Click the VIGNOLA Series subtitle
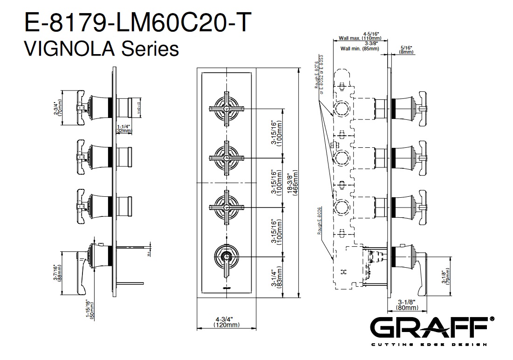click(x=101, y=48)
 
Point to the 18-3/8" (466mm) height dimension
click(x=292, y=182)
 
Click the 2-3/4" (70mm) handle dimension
click(x=58, y=108)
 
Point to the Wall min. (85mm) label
click(x=359, y=48)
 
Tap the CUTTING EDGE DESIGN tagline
click(x=428, y=345)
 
